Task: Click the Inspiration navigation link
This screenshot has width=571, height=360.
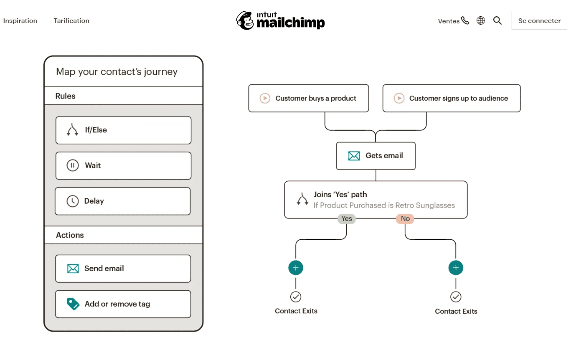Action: tap(20, 21)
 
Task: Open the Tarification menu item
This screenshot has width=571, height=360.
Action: tap(71, 21)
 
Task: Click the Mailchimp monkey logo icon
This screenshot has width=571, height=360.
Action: tap(245, 20)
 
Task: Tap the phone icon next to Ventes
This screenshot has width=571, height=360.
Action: tap(465, 20)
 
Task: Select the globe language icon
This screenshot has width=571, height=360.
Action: tap(481, 20)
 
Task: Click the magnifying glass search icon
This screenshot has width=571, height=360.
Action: tap(497, 20)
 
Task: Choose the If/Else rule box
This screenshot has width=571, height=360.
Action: tap(123, 130)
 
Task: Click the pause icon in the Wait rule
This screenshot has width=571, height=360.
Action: tap(73, 165)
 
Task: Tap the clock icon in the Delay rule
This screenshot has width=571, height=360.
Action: tap(73, 201)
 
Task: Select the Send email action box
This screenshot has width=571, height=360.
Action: tap(123, 269)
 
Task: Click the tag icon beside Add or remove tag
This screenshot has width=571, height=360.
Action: tap(73, 304)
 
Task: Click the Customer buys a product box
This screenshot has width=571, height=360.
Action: tap(308, 99)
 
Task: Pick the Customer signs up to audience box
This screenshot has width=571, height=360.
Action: tap(451, 99)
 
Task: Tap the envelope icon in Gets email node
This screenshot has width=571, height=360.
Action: tap(354, 156)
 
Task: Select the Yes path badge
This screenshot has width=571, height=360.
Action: tap(346, 219)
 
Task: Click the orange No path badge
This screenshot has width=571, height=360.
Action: tap(405, 219)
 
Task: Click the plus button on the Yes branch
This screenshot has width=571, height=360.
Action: tap(296, 268)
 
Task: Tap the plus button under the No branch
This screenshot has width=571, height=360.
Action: tap(456, 268)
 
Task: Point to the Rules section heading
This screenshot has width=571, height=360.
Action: tap(66, 96)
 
